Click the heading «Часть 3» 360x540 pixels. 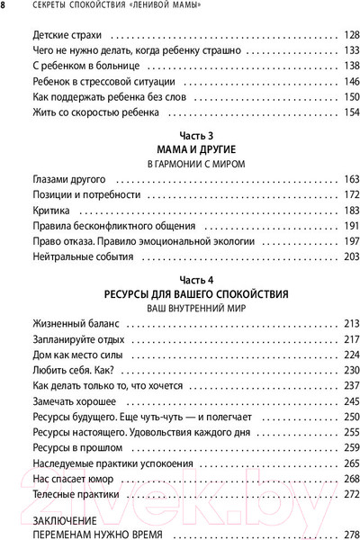[183, 136]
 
